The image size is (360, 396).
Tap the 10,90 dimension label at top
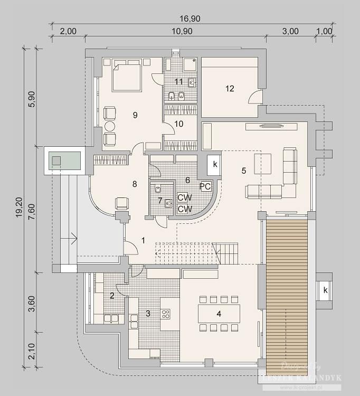[182, 31]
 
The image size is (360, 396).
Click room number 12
[230, 89]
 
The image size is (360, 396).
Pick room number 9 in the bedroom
[136, 115]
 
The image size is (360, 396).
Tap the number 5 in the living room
[243, 171]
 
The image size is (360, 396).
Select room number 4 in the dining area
[219, 314]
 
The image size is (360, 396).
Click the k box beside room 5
[215, 165]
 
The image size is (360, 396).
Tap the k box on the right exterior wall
[326, 290]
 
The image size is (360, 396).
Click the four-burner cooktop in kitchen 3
[165, 314]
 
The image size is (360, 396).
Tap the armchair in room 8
[121, 203]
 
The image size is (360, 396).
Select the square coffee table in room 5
[263, 163]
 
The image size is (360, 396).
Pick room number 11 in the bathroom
[179, 82]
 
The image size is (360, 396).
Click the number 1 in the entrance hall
[143, 240]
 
